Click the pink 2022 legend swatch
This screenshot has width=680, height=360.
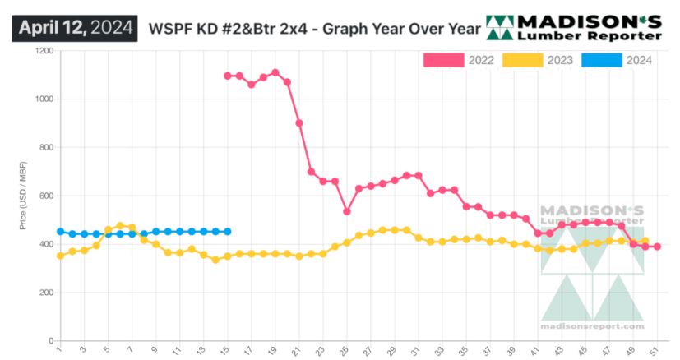(442, 60)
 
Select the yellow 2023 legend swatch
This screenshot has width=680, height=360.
(521, 60)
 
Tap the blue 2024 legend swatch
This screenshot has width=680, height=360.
(600, 60)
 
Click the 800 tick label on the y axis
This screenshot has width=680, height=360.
(46, 148)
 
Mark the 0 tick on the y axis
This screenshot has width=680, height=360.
(50, 340)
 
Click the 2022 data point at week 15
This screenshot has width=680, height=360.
(227, 76)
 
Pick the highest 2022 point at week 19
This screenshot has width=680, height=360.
(275, 72)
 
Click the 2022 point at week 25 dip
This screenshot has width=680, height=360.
(347, 211)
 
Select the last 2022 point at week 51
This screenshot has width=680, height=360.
(657, 247)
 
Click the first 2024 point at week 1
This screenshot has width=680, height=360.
(60, 232)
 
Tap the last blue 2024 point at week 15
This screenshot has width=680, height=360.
(227, 232)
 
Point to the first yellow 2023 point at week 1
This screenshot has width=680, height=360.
(60, 256)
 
